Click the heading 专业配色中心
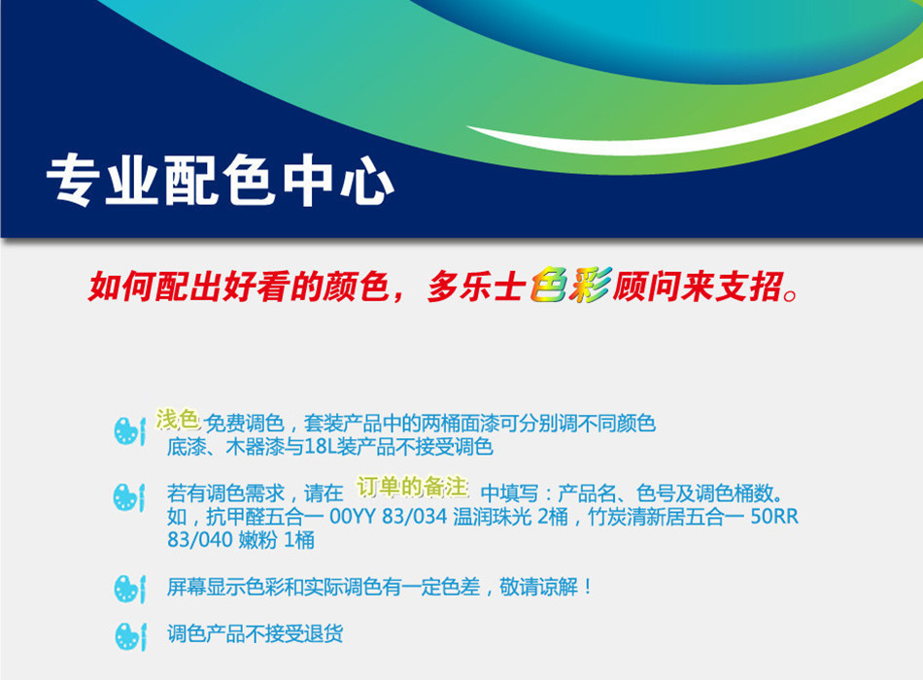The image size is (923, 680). [x=220, y=180]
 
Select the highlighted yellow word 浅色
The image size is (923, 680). [x=177, y=420]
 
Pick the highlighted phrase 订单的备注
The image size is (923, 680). [x=412, y=488]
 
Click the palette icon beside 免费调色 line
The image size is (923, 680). [x=129, y=431]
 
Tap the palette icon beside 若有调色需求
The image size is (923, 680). [x=129, y=498]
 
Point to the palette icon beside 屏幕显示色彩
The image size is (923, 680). [x=129, y=589]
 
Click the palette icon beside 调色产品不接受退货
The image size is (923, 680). [x=129, y=636]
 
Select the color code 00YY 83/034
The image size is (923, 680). [x=389, y=517]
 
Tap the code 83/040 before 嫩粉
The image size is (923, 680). [x=199, y=540]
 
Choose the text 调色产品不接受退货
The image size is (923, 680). [x=255, y=634]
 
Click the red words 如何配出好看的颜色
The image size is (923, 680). [x=238, y=287]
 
